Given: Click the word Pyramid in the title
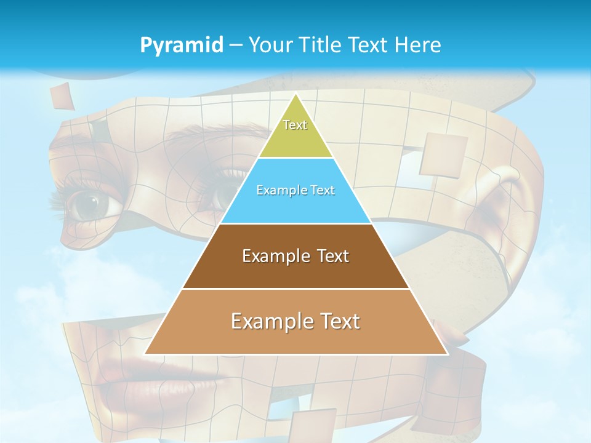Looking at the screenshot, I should pos(182,46).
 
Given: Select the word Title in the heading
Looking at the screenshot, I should pos(323,46).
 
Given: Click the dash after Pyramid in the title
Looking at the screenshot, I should pos(236,46).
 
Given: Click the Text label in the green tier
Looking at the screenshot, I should pos(295,125).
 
